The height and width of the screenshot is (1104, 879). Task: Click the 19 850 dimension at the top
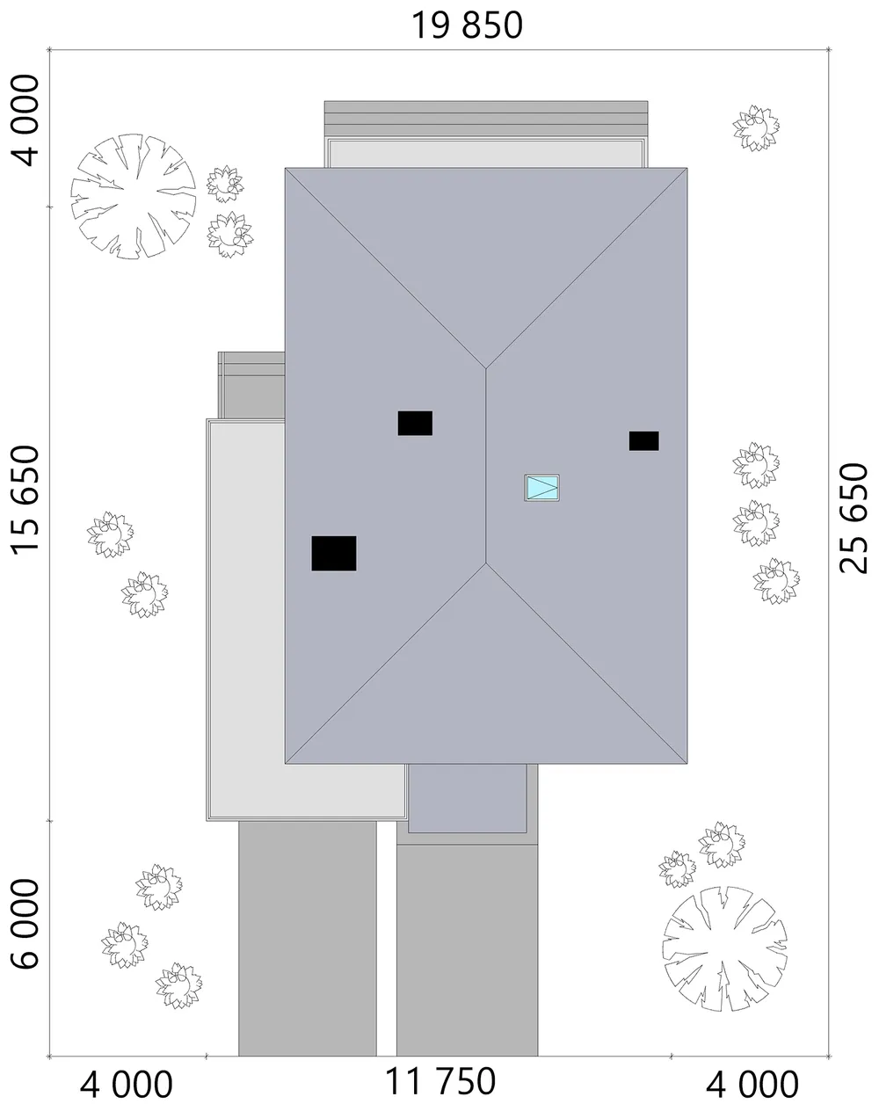(x=467, y=25)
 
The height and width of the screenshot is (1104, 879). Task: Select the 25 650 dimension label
(x=854, y=518)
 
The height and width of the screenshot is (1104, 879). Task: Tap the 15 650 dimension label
(x=25, y=501)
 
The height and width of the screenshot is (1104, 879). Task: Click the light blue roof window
(x=541, y=487)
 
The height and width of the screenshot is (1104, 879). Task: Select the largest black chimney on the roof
(x=333, y=554)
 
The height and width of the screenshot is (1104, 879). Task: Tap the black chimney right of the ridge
(x=644, y=440)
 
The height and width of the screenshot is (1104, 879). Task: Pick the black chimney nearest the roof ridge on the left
(x=415, y=424)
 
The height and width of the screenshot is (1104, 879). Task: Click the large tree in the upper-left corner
(x=134, y=196)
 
